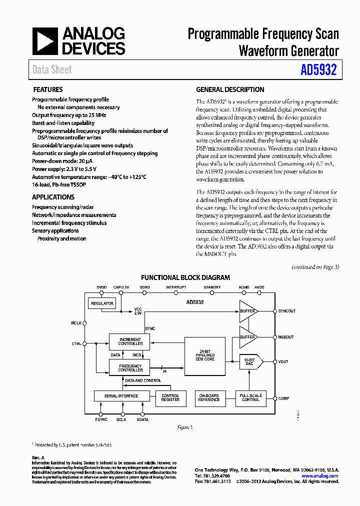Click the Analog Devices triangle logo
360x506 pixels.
click(45, 41)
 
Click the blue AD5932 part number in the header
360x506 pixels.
click(318, 70)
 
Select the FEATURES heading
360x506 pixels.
click(48, 90)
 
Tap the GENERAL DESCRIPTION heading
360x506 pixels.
click(230, 90)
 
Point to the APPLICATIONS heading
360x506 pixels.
click(53, 197)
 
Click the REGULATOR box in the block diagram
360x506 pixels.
click(102, 303)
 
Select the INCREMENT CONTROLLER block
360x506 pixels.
click(130, 341)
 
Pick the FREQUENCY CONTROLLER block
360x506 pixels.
click(130, 368)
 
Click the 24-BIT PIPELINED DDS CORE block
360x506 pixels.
click(205, 355)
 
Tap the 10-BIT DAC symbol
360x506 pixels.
click(250, 361)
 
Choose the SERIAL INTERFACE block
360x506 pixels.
click(121, 396)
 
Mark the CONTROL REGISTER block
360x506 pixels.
click(170, 397)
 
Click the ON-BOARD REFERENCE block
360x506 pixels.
click(209, 397)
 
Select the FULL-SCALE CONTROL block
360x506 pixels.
click(250, 397)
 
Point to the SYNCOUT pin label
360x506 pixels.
click(287, 311)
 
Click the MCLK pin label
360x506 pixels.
click(76, 323)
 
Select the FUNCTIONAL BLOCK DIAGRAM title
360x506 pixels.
click(185, 277)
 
